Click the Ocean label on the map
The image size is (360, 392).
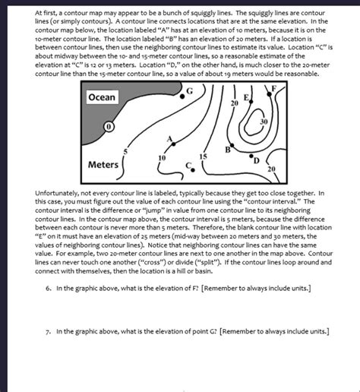(x=102, y=97)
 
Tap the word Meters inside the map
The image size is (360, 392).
(x=103, y=165)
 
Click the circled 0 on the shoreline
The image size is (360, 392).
(x=109, y=127)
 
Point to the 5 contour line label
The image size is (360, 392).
(x=125, y=151)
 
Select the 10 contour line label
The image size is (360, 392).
(x=162, y=158)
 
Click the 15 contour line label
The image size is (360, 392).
(x=203, y=156)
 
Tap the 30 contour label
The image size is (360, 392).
(x=264, y=122)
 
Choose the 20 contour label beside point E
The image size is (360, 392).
(x=235, y=103)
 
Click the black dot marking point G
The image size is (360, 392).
(x=182, y=96)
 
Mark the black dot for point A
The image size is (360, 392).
(x=174, y=144)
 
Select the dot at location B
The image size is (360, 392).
(x=232, y=145)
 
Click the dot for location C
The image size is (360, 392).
(x=193, y=170)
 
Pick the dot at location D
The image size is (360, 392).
(x=251, y=156)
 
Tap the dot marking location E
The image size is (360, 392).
(x=251, y=102)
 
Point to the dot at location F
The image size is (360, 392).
(x=270, y=94)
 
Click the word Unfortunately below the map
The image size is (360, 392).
(x=56, y=194)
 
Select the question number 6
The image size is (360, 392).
(x=49, y=289)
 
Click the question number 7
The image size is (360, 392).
(x=49, y=332)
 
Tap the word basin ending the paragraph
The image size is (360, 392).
(x=204, y=271)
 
